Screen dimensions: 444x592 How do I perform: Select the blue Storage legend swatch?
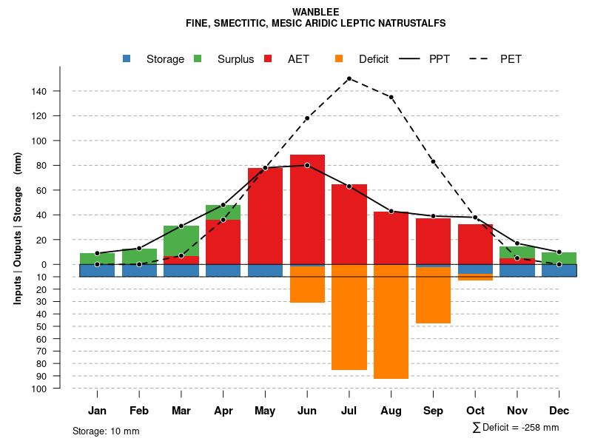coord(127,59)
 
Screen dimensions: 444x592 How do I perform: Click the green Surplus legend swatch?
coord(198,59)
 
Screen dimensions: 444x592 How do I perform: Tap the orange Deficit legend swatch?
coord(339,59)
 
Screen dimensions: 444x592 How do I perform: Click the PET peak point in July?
coord(349,78)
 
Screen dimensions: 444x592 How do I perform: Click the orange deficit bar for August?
coord(391,321)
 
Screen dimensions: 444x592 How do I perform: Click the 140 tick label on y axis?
coord(39,91)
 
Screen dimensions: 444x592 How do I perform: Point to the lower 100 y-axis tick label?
coord(39,388)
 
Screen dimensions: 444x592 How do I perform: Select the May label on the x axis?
coord(265,411)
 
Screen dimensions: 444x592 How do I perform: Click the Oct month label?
coord(475,411)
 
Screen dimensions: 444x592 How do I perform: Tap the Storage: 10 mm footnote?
coord(106,431)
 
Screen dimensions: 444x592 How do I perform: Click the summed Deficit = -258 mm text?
coord(516,428)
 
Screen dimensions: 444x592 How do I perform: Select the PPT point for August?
coord(391,212)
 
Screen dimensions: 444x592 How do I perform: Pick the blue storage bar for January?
coord(97,270)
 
